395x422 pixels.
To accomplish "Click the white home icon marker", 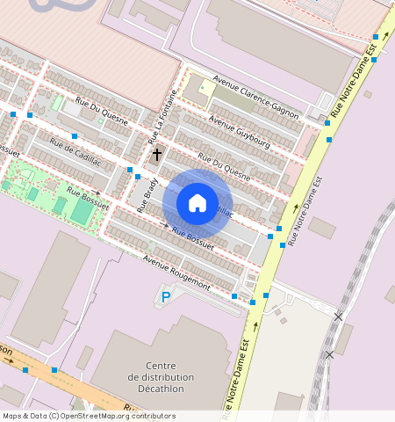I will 197,203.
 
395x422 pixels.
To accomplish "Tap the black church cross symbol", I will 157,155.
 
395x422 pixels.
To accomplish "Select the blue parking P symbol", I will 165,298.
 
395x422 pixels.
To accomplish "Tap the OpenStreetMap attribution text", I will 89,416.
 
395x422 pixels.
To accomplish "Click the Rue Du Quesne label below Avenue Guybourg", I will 225,166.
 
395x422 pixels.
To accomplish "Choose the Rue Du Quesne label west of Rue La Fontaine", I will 102,111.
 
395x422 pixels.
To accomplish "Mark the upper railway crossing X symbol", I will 339,316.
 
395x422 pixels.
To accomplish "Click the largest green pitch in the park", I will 81,211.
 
